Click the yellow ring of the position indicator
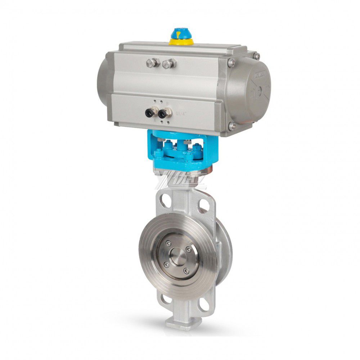coord(181,42)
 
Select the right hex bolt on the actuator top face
coord(168,64)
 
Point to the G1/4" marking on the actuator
coord(181,113)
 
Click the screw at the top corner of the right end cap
coord(257,56)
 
